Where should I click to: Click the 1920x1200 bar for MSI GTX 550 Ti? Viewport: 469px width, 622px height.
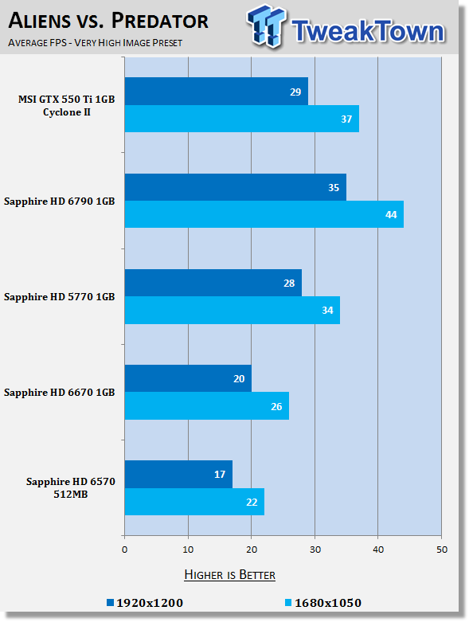click(217, 92)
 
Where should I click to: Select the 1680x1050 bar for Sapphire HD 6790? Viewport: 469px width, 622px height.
click(264, 214)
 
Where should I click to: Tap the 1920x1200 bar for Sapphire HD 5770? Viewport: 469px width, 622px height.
click(213, 283)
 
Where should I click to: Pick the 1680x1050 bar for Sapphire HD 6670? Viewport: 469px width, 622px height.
click(207, 406)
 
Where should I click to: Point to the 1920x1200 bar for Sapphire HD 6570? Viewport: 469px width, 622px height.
click(179, 475)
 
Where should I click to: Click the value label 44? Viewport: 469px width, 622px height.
click(391, 214)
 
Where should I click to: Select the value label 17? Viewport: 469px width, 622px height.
click(220, 475)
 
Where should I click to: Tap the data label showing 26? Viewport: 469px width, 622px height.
click(276, 407)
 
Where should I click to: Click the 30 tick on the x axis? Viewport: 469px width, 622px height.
click(315, 550)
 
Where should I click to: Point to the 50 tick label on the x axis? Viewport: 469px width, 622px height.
click(442, 550)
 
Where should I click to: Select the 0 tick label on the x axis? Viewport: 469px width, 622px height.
click(124, 550)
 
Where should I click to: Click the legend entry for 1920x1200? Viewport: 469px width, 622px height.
click(145, 603)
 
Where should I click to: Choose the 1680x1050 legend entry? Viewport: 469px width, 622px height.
click(323, 603)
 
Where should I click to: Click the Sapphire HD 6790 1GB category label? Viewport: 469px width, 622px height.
click(60, 201)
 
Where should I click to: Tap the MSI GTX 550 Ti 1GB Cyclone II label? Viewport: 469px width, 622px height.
click(67, 105)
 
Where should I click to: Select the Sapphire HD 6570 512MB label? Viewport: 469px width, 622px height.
click(71, 487)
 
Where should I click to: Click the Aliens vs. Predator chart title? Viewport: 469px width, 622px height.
click(108, 21)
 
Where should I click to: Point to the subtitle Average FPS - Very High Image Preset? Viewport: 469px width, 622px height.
click(95, 42)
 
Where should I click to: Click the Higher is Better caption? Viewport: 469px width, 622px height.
click(230, 575)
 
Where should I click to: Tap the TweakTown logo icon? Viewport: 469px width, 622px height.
click(266, 26)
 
